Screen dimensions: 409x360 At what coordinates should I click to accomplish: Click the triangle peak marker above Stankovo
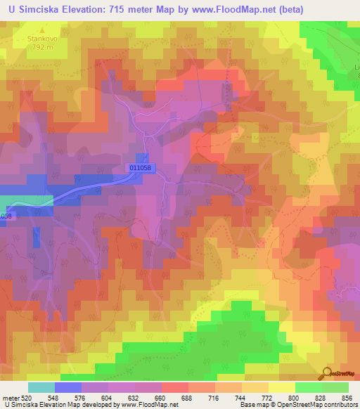click(41, 32)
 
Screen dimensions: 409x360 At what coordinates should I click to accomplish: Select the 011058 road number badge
click(141, 168)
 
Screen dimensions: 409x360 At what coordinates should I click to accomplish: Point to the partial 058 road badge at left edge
click(6, 216)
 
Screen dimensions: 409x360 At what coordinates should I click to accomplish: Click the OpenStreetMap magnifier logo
click(328, 373)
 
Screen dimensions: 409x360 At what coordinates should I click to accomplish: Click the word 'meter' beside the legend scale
click(11, 397)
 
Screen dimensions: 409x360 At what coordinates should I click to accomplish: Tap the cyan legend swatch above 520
click(41, 387)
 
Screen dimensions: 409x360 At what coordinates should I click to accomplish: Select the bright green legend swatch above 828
click(308, 387)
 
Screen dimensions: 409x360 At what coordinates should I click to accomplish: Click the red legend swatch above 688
click(174, 387)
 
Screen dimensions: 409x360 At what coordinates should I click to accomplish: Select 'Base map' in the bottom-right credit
click(256, 405)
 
